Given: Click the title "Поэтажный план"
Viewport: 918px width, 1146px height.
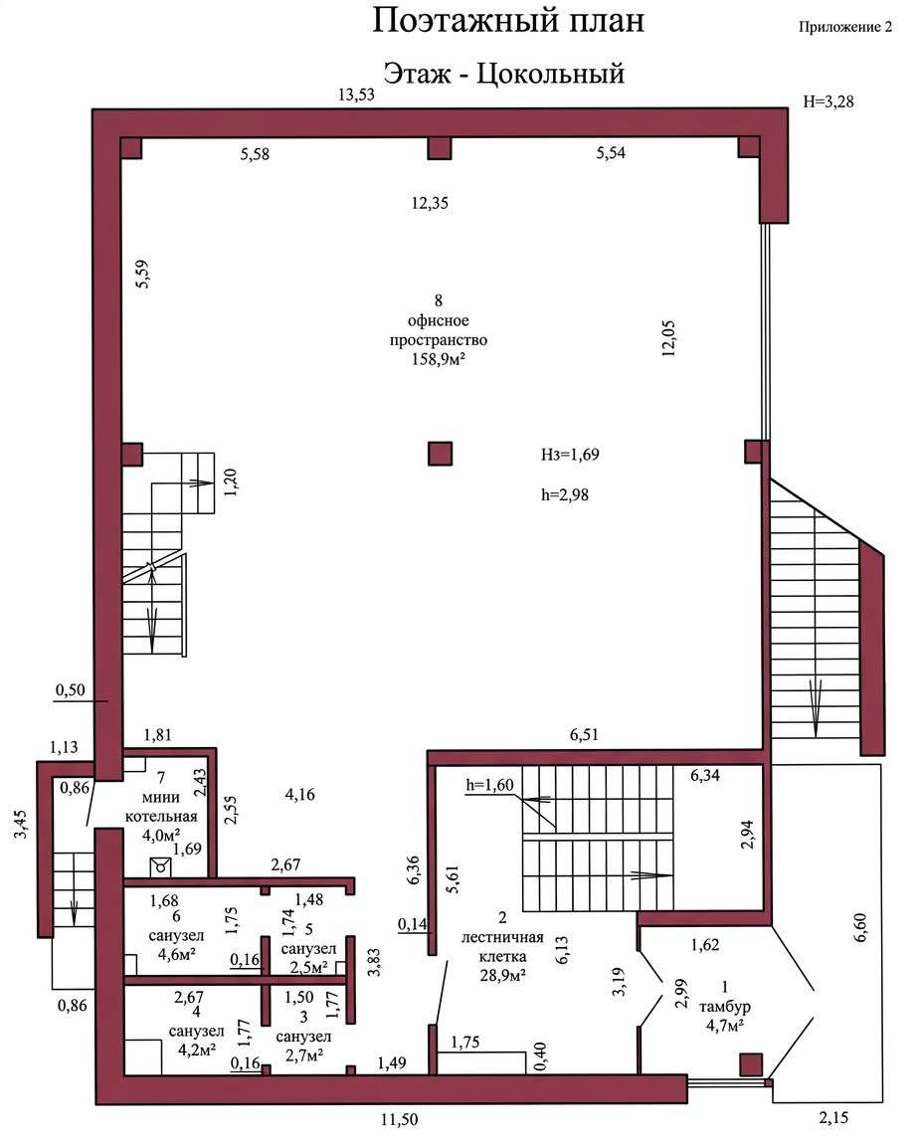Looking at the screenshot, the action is pos(508,21).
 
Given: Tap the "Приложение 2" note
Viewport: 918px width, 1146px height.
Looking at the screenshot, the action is pos(845,28).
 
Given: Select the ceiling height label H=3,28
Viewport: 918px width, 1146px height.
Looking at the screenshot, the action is pos(828,101).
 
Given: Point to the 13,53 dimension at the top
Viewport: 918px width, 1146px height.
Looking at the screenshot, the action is pos(356,95).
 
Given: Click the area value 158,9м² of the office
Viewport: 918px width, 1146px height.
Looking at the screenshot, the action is pos(439,359).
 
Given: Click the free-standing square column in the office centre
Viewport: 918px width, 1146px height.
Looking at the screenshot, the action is pos(440,454).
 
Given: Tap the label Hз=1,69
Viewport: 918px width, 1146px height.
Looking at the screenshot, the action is pos(570,455).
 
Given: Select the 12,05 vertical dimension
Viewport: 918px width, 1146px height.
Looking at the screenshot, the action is pos(668,338).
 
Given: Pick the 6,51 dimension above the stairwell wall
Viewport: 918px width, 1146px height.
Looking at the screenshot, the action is pos(584,734).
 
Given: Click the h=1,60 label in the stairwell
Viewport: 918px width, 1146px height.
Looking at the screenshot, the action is pos(489,785).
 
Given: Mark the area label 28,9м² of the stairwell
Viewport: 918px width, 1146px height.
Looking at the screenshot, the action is pos(503,975).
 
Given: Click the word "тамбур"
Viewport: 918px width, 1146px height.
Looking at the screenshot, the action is pos(724,1007).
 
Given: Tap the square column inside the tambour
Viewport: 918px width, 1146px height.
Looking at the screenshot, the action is pos(751,1064).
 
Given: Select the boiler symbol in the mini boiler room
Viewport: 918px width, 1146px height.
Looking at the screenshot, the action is pos(160,867).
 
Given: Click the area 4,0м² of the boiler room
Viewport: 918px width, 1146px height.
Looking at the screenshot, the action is pos(161,836).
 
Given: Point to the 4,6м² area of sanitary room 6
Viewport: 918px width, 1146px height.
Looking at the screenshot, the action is pos(176,954).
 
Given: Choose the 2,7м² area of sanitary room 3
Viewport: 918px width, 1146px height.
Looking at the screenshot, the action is pos(304,1054).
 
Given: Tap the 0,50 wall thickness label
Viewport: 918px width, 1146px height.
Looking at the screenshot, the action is pos(71,690).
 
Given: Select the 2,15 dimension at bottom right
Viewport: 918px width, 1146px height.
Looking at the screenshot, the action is pos(833,1118).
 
